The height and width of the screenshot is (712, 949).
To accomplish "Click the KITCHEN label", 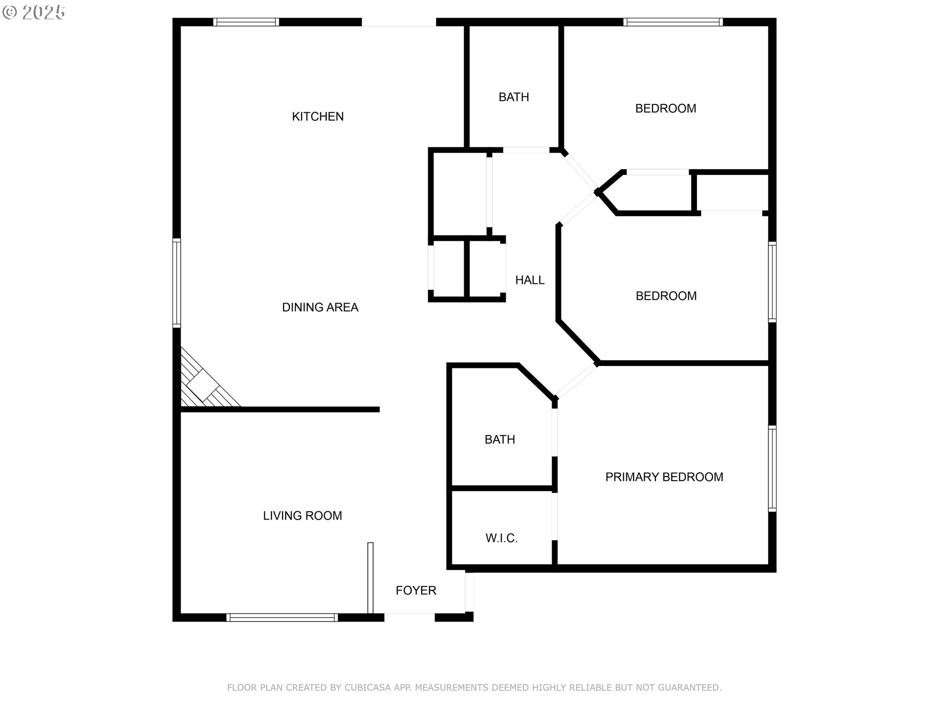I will point(318,117).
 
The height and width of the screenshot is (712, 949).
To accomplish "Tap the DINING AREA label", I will point(320,308).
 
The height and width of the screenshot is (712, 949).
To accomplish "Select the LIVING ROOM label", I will point(302,516).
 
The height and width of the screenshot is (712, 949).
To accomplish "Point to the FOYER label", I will point(416,590).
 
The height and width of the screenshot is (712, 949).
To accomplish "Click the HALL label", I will point(530,280).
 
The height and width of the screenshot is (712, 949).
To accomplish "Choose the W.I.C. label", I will point(502,538).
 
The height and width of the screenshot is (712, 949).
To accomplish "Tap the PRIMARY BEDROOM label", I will point(664,477).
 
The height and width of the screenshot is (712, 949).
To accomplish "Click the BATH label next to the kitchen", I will point(514,97).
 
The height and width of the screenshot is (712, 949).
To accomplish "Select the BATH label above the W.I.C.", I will point(500,440).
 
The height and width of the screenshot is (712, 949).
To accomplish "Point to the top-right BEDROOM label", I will point(665,108).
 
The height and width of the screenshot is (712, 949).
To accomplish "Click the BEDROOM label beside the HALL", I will point(666,296).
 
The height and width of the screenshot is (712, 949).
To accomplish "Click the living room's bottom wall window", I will point(282,617).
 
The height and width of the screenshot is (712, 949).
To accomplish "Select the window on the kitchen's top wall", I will point(246,22).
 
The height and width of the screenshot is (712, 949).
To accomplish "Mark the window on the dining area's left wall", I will point(176,282).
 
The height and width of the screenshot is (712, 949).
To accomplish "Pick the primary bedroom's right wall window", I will point(772,468).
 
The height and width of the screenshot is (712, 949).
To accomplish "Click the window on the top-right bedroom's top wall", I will point(673,22).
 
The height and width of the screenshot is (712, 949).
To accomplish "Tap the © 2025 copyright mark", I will point(34,12).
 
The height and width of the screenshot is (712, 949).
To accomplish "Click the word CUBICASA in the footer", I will point(367,688).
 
